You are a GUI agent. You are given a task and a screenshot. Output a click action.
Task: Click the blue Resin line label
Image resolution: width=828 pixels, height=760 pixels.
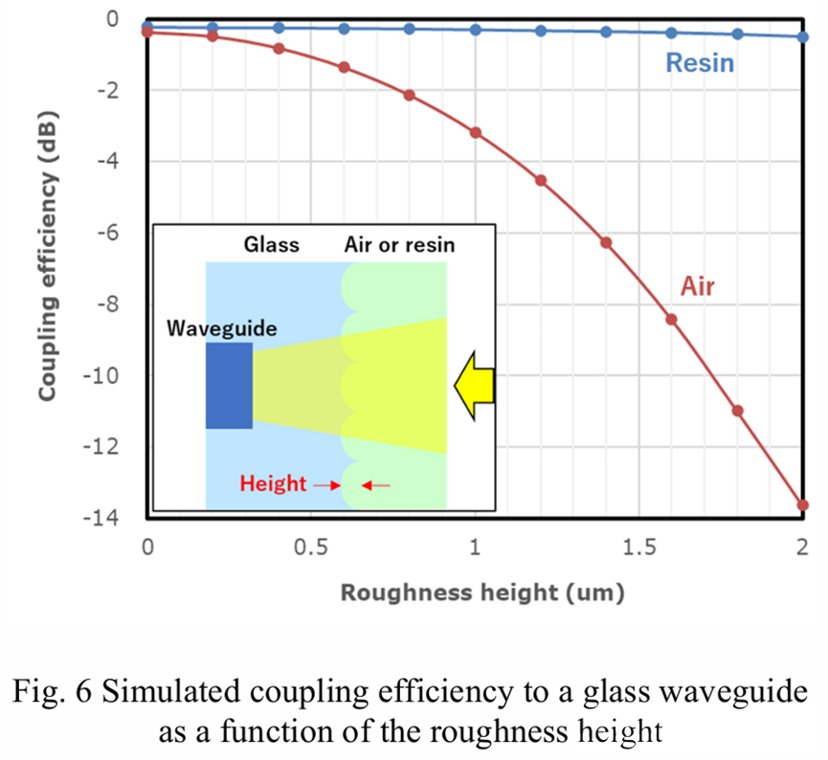click(700, 63)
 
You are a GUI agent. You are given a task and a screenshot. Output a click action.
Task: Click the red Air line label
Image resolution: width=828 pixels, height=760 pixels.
click(697, 285)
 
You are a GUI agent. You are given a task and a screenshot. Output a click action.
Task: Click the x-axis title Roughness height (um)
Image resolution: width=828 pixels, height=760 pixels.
click(481, 592)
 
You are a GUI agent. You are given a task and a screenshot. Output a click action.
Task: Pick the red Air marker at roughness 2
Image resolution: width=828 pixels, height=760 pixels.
click(803, 504)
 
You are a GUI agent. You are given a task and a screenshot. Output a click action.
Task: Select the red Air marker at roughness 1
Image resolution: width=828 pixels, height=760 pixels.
click(475, 132)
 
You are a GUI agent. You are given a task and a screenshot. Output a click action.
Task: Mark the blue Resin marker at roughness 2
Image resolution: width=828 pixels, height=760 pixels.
click(803, 37)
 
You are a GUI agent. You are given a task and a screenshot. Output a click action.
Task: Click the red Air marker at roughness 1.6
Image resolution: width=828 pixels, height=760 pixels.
click(672, 320)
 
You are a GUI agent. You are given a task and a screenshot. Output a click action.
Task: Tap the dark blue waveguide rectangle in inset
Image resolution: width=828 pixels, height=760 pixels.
click(229, 385)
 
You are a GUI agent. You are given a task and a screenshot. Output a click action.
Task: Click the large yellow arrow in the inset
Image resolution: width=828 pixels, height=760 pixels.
click(474, 385)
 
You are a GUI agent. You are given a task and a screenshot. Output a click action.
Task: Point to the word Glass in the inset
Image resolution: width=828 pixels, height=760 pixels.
click(271, 245)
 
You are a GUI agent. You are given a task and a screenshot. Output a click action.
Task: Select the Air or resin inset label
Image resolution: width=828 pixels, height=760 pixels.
click(399, 245)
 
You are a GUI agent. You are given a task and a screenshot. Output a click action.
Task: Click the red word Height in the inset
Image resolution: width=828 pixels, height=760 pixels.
click(273, 484)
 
